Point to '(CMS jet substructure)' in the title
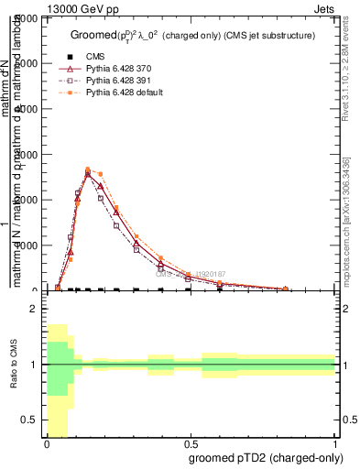pos(267,35)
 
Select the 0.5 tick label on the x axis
pos(191,443)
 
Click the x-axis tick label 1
pos(336,443)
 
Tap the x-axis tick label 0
pos(46,443)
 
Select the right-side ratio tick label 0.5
pos(348,420)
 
